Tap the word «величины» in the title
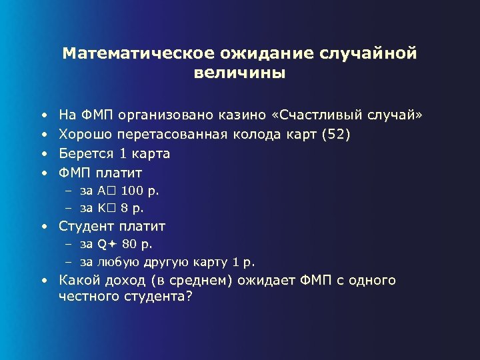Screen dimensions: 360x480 [239, 73]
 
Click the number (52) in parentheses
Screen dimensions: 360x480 [335, 134]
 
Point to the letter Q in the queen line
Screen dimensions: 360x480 [102, 244]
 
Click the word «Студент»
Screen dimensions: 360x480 [86, 225]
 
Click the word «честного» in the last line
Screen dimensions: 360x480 [86, 297]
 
